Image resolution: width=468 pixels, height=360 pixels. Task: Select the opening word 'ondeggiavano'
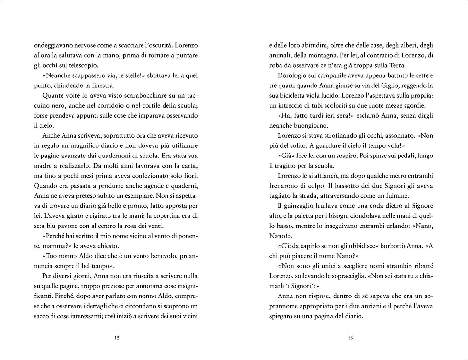[54, 45]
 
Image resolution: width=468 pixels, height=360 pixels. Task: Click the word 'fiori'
[191, 175]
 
